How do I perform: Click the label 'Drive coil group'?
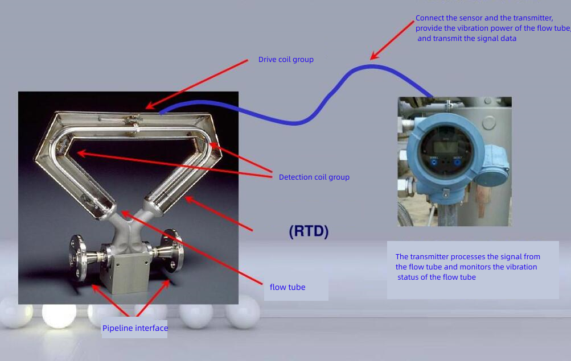pyautogui.click(x=286, y=59)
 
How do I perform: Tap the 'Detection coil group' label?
pyautogui.click(x=314, y=177)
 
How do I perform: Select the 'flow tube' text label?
pyautogui.click(x=287, y=287)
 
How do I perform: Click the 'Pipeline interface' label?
pyautogui.click(x=135, y=328)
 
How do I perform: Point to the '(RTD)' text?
pyautogui.click(x=309, y=231)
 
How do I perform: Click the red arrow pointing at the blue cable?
pyautogui.click(x=393, y=40)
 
